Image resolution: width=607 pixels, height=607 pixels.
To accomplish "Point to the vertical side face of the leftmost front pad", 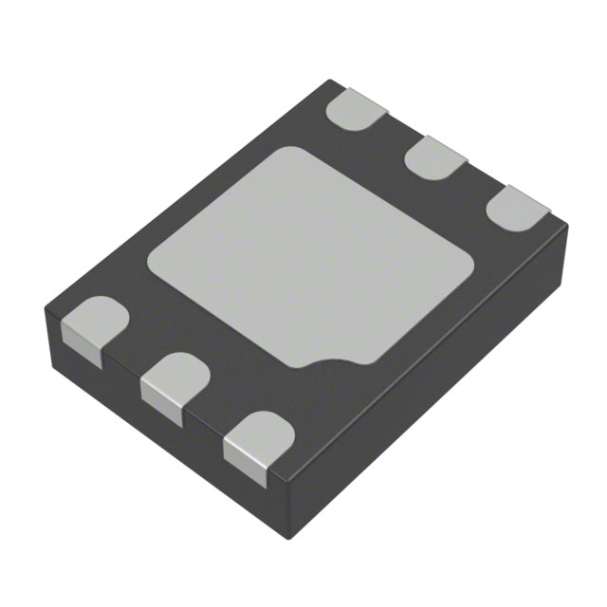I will coord(82,343).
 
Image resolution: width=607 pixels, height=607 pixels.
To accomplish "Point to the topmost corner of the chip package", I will coord(329,81).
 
